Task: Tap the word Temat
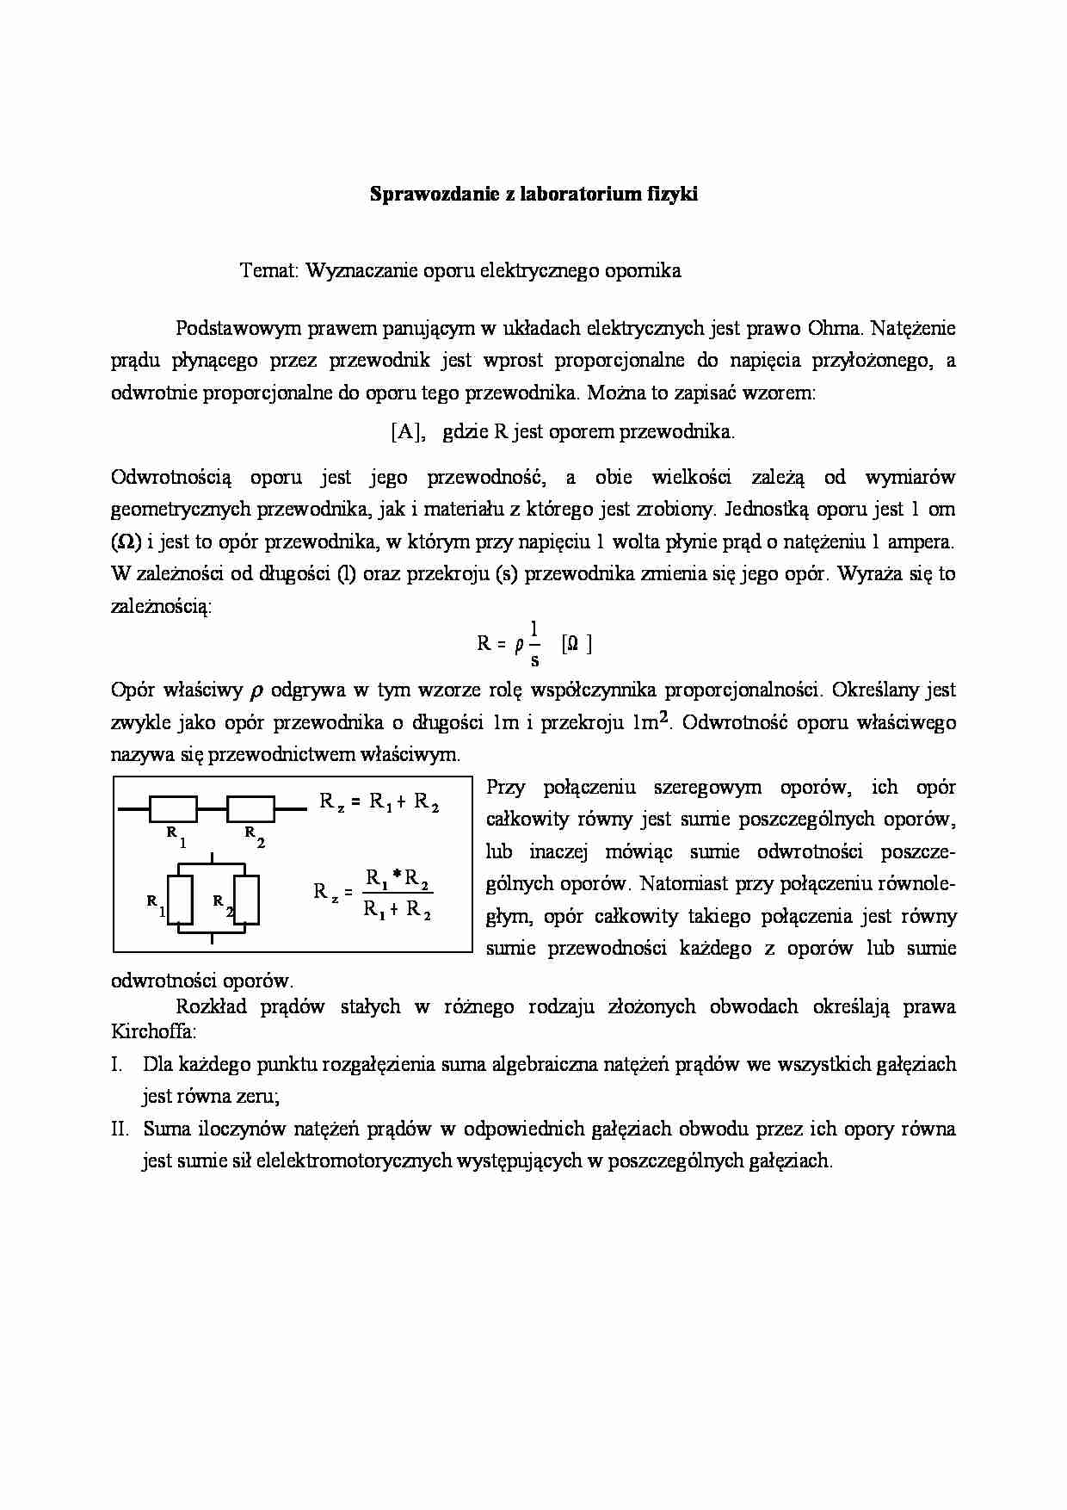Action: pyautogui.click(x=268, y=270)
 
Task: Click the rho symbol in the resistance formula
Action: pyautogui.click(x=519, y=645)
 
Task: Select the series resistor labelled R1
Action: pyautogui.click(x=174, y=809)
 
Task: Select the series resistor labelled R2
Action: pyautogui.click(x=250, y=809)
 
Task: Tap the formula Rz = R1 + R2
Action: pyautogui.click(x=379, y=802)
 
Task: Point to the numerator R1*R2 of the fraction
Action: pyautogui.click(x=398, y=878)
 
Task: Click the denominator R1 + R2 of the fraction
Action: pyautogui.click(x=398, y=909)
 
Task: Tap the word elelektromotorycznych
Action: pyautogui.click(x=355, y=1160)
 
